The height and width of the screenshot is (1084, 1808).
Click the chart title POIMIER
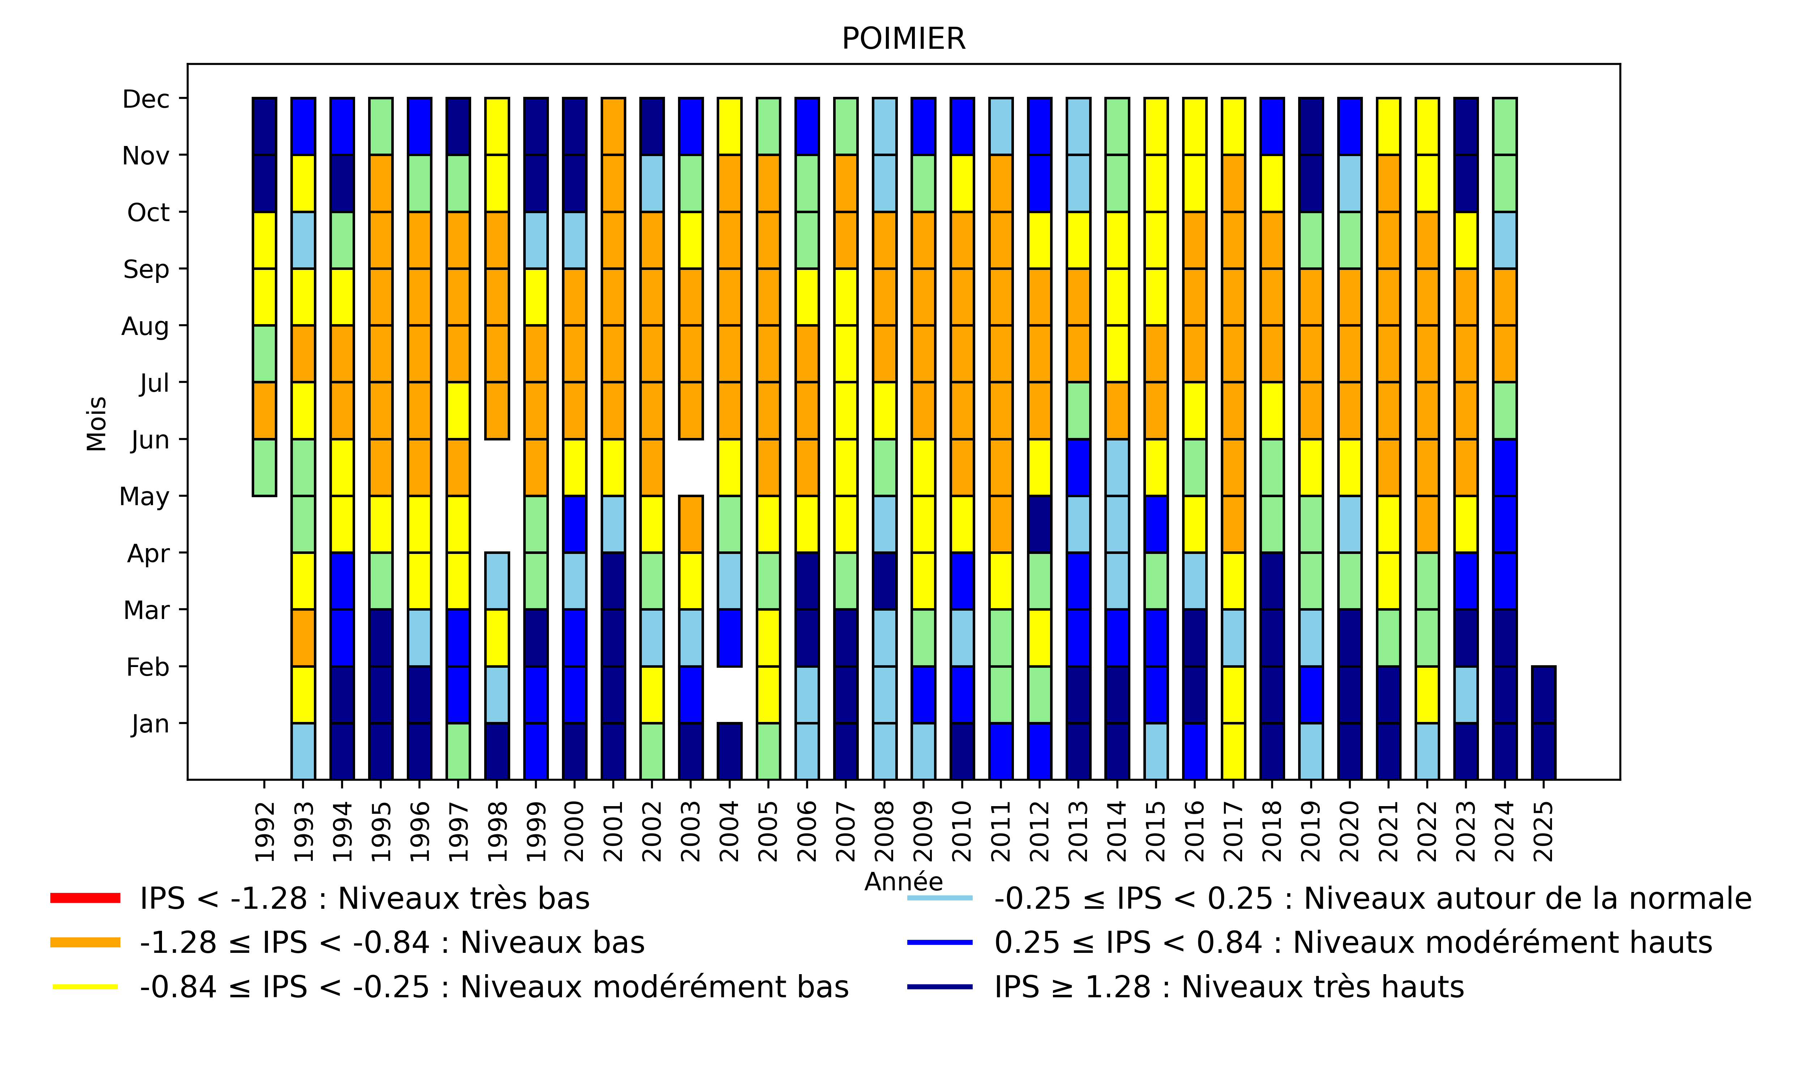pos(903,39)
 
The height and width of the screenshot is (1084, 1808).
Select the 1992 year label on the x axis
pos(265,831)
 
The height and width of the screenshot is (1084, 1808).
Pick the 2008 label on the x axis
pos(884,831)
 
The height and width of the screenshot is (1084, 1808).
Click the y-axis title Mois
pos(97,424)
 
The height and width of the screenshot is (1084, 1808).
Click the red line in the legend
pos(85,898)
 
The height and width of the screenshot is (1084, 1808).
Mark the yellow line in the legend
pos(85,987)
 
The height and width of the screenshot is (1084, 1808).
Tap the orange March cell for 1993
pos(303,638)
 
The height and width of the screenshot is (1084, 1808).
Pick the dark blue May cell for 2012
pos(1039,524)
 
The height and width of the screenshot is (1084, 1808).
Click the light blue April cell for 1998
pos(497,581)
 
